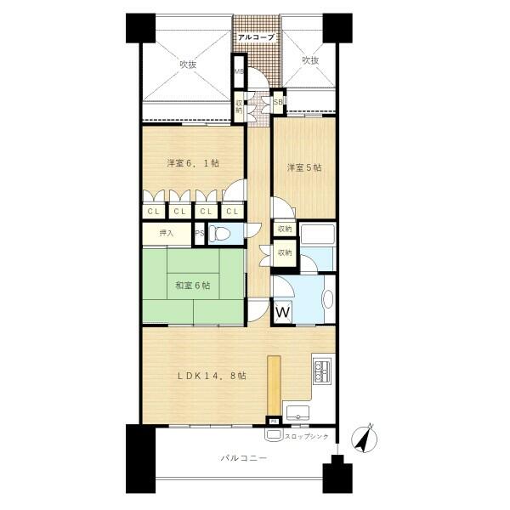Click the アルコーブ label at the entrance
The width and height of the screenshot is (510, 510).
(254, 37)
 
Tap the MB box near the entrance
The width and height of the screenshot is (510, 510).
(240, 72)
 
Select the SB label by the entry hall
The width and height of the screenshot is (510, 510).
(278, 103)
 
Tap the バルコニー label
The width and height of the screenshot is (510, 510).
(244, 458)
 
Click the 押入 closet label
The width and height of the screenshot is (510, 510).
(166, 234)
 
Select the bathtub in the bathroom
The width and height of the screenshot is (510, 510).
(318, 236)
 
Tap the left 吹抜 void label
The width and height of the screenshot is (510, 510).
(187, 62)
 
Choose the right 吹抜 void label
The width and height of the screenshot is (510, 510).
(309, 60)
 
